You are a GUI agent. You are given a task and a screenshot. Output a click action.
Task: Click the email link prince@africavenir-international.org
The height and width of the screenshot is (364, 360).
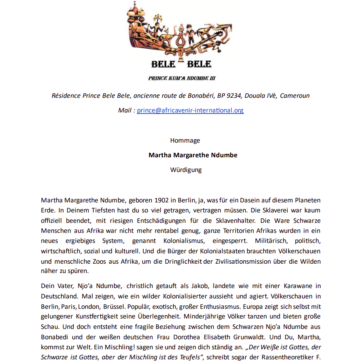(190, 110)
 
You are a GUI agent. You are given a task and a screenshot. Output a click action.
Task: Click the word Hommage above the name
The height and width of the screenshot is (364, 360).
(185, 140)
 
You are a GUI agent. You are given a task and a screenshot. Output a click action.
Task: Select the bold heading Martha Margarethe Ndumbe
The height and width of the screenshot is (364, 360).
(193, 155)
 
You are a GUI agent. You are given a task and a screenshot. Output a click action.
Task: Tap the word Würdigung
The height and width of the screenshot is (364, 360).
(186, 170)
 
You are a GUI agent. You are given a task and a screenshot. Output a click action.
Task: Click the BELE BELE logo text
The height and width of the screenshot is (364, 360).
(181, 64)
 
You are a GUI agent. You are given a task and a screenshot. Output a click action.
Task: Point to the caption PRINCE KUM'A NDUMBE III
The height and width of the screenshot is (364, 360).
(182, 78)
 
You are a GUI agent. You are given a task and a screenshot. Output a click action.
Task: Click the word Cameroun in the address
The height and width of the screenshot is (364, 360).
(295, 96)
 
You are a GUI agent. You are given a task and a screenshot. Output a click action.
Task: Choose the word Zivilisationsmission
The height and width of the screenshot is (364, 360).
(263, 262)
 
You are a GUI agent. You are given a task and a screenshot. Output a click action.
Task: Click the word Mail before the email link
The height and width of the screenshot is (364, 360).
(125, 110)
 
